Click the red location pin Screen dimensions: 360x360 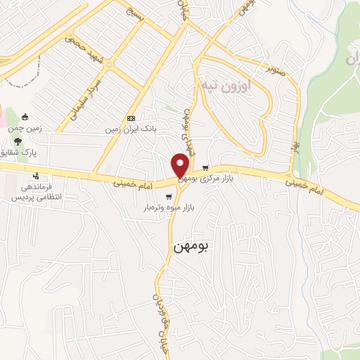(x=181, y=166)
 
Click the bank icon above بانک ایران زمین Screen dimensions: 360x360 (x=131, y=118)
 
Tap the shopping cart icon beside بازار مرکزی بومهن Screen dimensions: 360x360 (x=205, y=168)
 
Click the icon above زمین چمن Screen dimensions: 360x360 (x=26, y=117)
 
